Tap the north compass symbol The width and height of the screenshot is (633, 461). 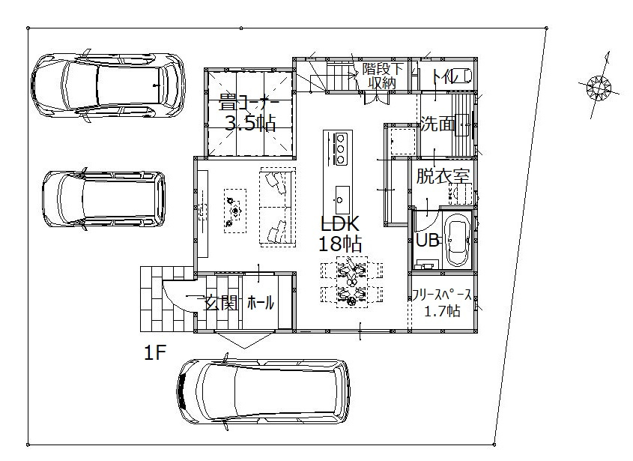pyautogui.click(x=599, y=86)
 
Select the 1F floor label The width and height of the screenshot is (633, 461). pyautogui.click(x=154, y=353)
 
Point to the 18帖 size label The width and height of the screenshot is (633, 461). pyautogui.click(x=340, y=244)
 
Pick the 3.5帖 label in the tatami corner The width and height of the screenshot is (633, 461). pyautogui.click(x=250, y=123)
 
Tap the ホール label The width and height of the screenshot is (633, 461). pyautogui.click(x=261, y=302)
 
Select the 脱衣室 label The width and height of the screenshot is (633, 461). pyautogui.click(x=443, y=176)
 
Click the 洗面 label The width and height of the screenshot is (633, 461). pyautogui.click(x=437, y=124)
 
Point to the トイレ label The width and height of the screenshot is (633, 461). pyautogui.click(x=449, y=76)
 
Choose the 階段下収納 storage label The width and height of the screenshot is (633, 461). pyautogui.click(x=382, y=76)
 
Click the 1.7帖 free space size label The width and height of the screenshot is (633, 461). pyautogui.click(x=443, y=311)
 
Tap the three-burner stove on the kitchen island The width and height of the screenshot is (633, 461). pyautogui.click(x=340, y=148)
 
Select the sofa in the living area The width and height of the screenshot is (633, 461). pyautogui.click(x=278, y=207)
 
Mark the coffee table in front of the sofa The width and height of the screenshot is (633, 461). pyautogui.click(x=235, y=211)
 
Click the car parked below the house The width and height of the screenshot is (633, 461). pyautogui.click(x=263, y=391)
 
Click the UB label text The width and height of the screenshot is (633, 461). pyautogui.click(x=428, y=241)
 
